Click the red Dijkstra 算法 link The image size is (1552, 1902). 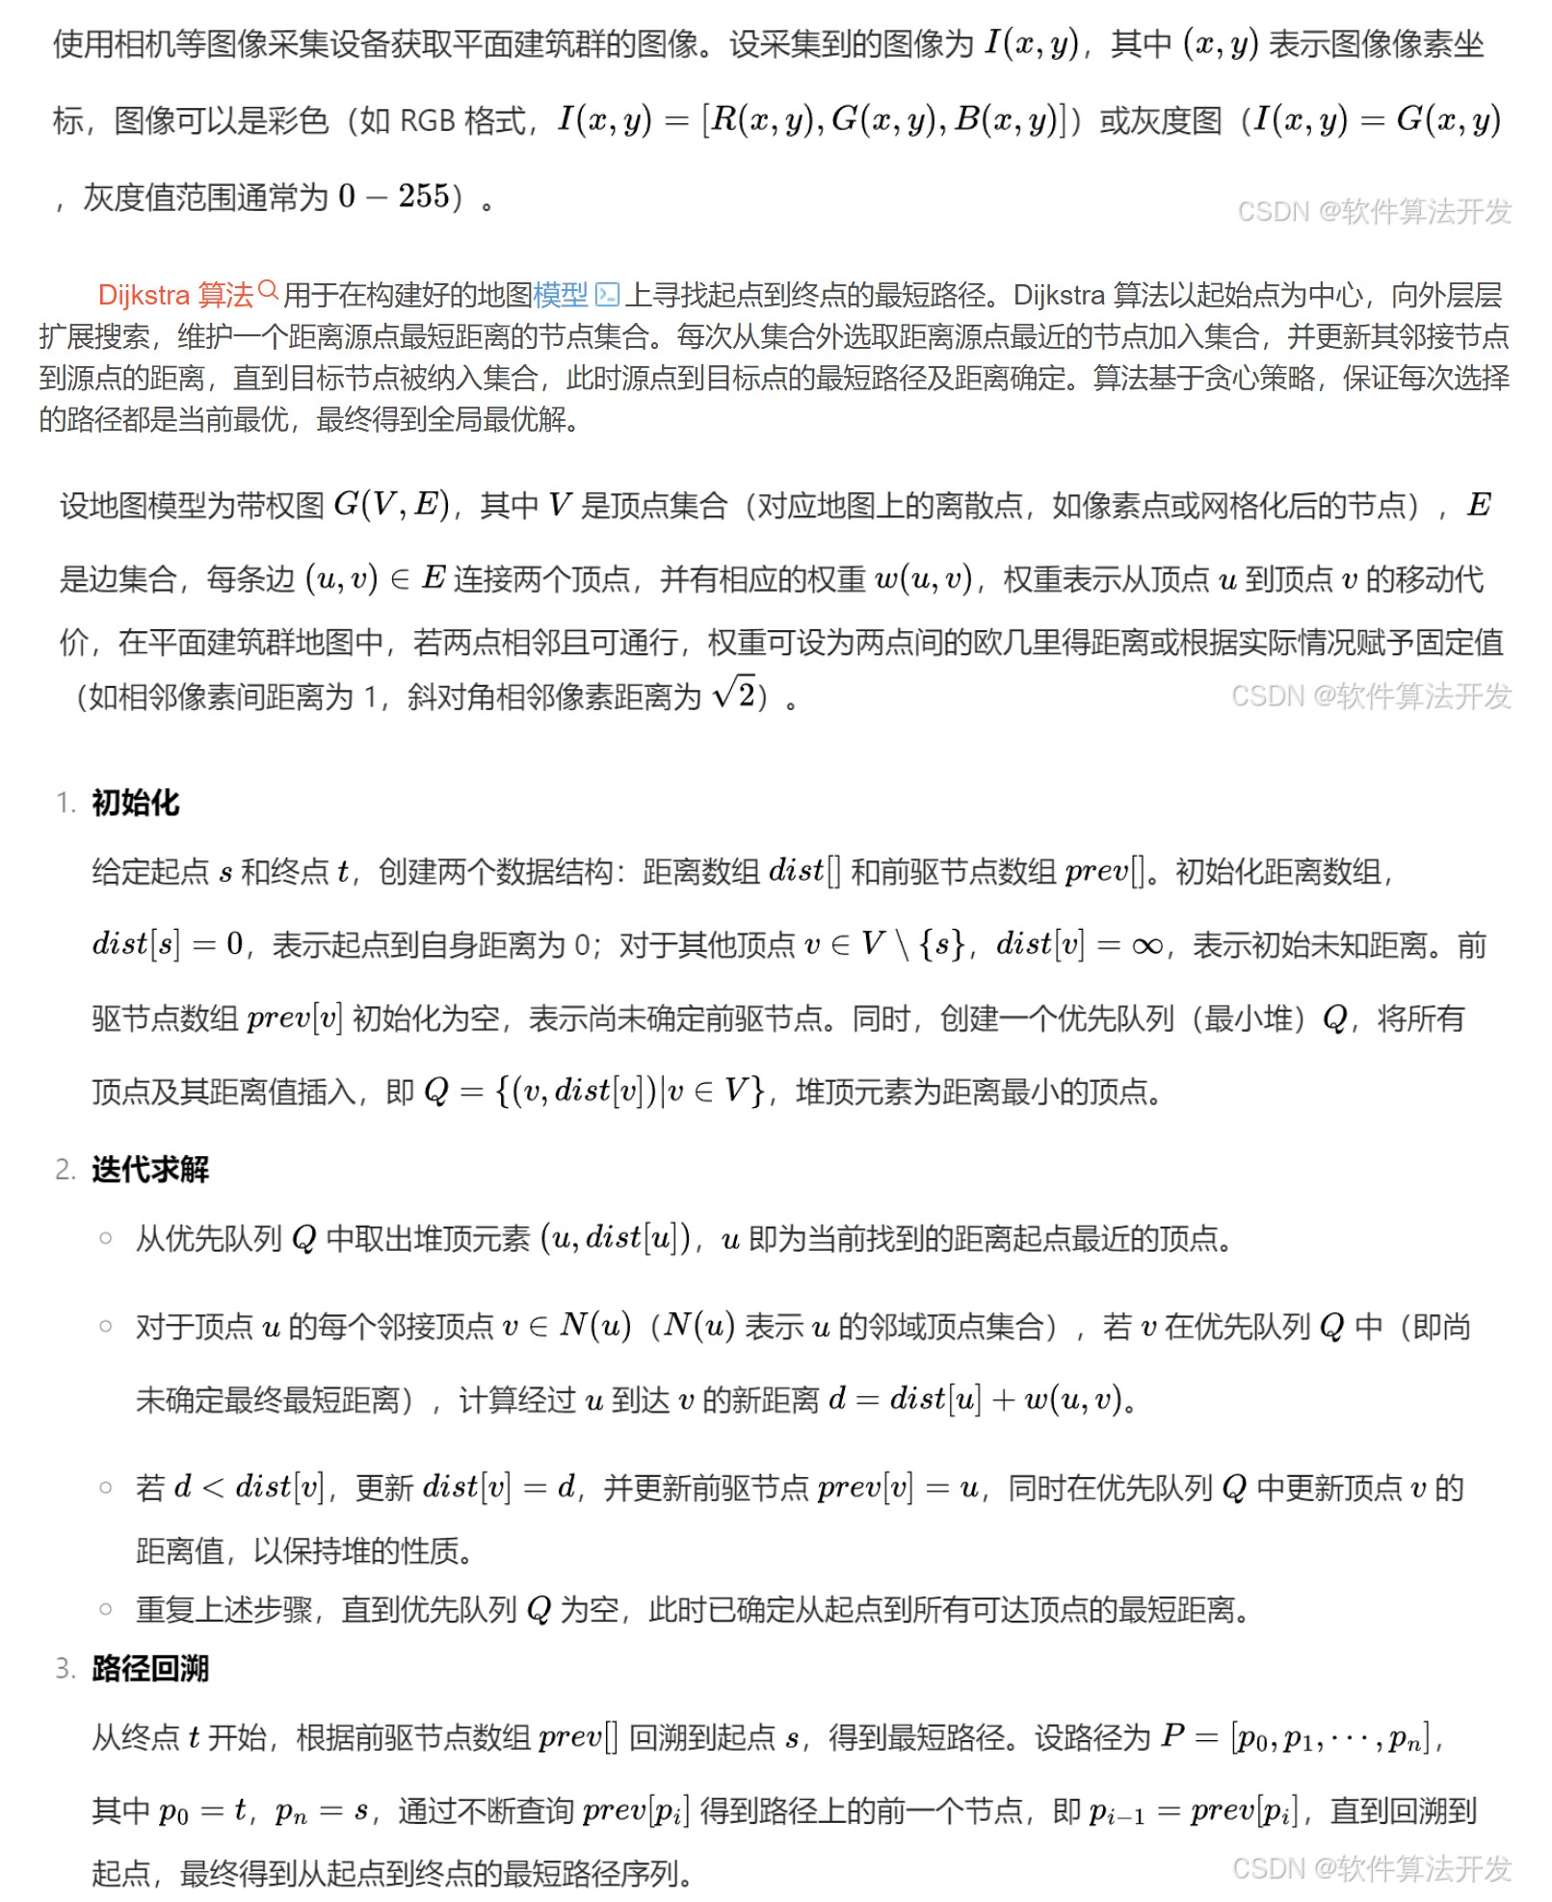click(175, 294)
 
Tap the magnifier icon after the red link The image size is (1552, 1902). click(268, 290)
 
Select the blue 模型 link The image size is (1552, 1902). click(560, 294)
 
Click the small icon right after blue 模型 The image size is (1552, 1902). click(607, 294)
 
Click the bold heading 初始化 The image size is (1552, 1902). click(135, 802)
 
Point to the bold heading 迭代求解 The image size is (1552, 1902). click(150, 1169)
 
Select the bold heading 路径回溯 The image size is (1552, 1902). click(150, 1668)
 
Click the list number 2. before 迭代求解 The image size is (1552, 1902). click(65, 1170)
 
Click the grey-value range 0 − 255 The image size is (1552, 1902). click(394, 197)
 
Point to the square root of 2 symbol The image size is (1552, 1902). click(734, 694)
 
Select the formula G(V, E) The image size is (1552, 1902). click(391, 504)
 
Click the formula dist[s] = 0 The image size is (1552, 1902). click(168, 944)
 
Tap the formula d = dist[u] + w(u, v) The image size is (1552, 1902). click(975, 1399)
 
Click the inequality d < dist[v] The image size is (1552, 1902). click(250, 1487)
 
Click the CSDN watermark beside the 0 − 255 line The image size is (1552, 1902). click(1374, 212)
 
